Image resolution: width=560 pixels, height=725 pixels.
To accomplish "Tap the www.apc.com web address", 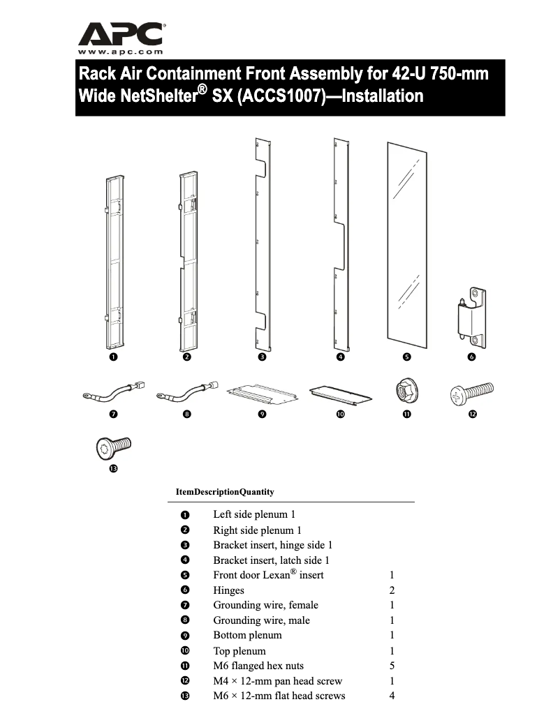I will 121,52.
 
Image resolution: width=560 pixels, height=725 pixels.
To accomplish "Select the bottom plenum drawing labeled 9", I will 261,394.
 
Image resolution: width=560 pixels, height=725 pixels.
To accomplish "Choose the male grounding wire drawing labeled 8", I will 186,394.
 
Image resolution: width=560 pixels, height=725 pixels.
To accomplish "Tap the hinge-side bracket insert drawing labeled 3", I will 261,244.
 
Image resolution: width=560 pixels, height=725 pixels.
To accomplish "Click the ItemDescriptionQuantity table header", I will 225,492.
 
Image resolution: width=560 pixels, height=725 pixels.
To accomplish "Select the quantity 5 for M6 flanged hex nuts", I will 392,666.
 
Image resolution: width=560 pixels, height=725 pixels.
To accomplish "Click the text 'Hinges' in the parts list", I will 228,590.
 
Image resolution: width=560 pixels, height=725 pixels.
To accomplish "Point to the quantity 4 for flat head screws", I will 392,696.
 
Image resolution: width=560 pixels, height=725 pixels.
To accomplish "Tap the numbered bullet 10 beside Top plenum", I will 185,651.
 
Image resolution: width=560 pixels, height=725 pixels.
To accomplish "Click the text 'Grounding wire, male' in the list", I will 261,620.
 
